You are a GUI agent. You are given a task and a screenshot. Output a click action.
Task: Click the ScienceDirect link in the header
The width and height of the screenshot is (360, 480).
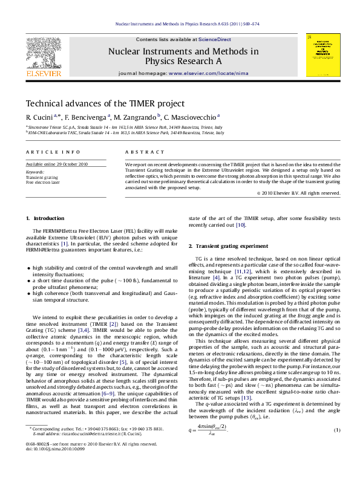pyautogui.click(x=206, y=39)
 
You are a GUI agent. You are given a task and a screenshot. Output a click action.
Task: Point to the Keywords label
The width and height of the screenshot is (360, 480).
pyautogui.click(x=36, y=172)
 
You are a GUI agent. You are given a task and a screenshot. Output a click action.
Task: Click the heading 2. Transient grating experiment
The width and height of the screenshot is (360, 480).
pyautogui.click(x=231, y=246)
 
